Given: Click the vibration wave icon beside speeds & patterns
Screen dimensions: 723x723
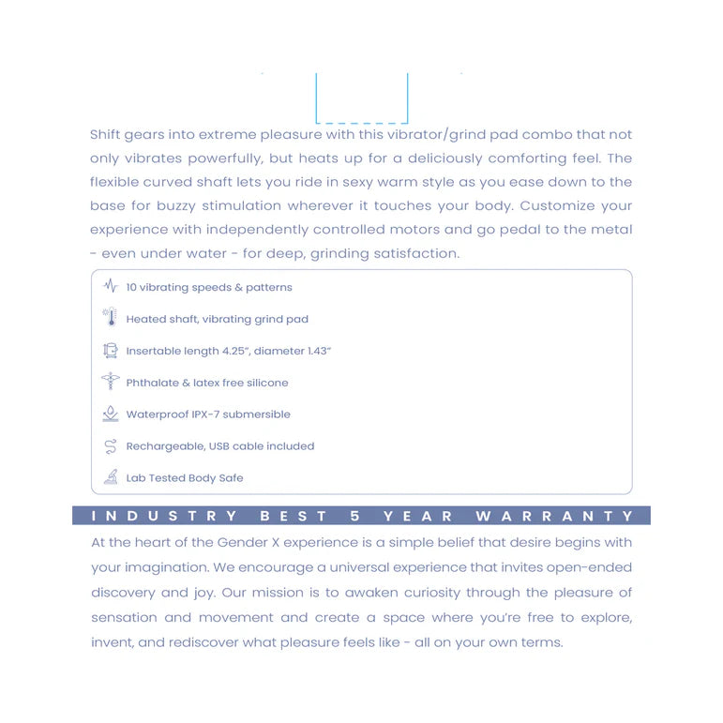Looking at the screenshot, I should tap(111, 286).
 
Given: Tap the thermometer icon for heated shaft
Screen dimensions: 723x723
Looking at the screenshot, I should tap(111, 318).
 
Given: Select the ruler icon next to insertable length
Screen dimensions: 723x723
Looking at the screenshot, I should tap(111, 350).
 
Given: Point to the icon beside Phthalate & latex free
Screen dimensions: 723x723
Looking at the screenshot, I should tap(111, 382).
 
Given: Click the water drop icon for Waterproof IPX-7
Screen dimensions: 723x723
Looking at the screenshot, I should tap(111, 414).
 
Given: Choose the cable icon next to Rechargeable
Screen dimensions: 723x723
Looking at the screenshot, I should tap(111, 445).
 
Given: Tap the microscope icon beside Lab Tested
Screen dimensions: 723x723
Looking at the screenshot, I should tap(111, 477).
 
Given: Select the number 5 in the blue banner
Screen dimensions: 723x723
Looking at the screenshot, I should tap(355, 516).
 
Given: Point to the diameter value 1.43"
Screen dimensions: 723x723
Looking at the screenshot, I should tap(315, 351).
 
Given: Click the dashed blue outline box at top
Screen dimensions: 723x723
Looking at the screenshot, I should tap(361, 98).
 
